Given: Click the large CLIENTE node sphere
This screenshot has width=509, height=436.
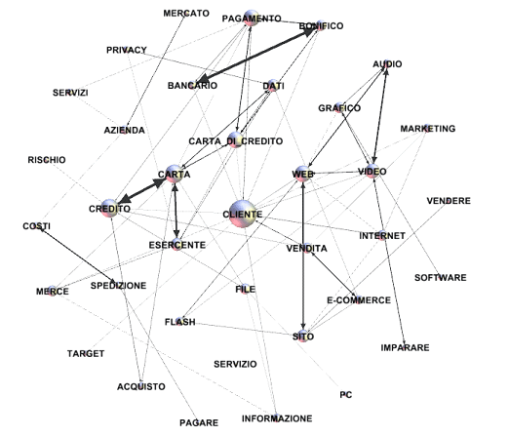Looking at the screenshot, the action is [x=243, y=214].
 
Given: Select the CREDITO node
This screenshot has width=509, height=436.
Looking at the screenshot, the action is [x=109, y=208].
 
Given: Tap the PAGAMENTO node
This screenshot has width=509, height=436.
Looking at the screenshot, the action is [x=252, y=19].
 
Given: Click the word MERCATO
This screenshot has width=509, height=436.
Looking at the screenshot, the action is [x=186, y=14].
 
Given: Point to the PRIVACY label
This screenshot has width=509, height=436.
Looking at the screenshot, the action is [x=127, y=50].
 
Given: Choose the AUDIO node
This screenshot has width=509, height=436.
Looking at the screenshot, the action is [x=386, y=63].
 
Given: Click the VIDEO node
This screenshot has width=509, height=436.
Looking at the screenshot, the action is [x=372, y=171].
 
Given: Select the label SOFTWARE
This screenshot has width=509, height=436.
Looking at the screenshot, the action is [x=440, y=278].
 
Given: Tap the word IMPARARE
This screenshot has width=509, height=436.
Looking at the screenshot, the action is [x=405, y=347].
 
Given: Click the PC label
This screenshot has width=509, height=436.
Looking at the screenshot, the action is [x=346, y=395].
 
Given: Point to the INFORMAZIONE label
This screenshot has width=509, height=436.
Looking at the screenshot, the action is [x=277, y=418].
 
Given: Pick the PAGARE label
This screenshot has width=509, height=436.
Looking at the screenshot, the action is [x=199, y=422].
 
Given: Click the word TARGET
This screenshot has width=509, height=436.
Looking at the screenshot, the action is [x=86, y=353].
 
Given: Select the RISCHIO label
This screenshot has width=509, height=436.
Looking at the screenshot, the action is [x=47, y=160].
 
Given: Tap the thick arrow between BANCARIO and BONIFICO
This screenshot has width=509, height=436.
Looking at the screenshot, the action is [x=256, y=55].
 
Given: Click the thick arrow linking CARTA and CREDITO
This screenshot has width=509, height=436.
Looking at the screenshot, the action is [x=141, y=191].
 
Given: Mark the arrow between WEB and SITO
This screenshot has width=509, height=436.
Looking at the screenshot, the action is [x=303, y=256].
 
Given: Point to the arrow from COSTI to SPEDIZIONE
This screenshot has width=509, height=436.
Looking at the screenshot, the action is [x=77, y=255].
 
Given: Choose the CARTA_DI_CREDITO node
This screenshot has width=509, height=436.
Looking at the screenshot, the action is [x=235, y=139].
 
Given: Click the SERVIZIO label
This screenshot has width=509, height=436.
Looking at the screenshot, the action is [x=235, y=364].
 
